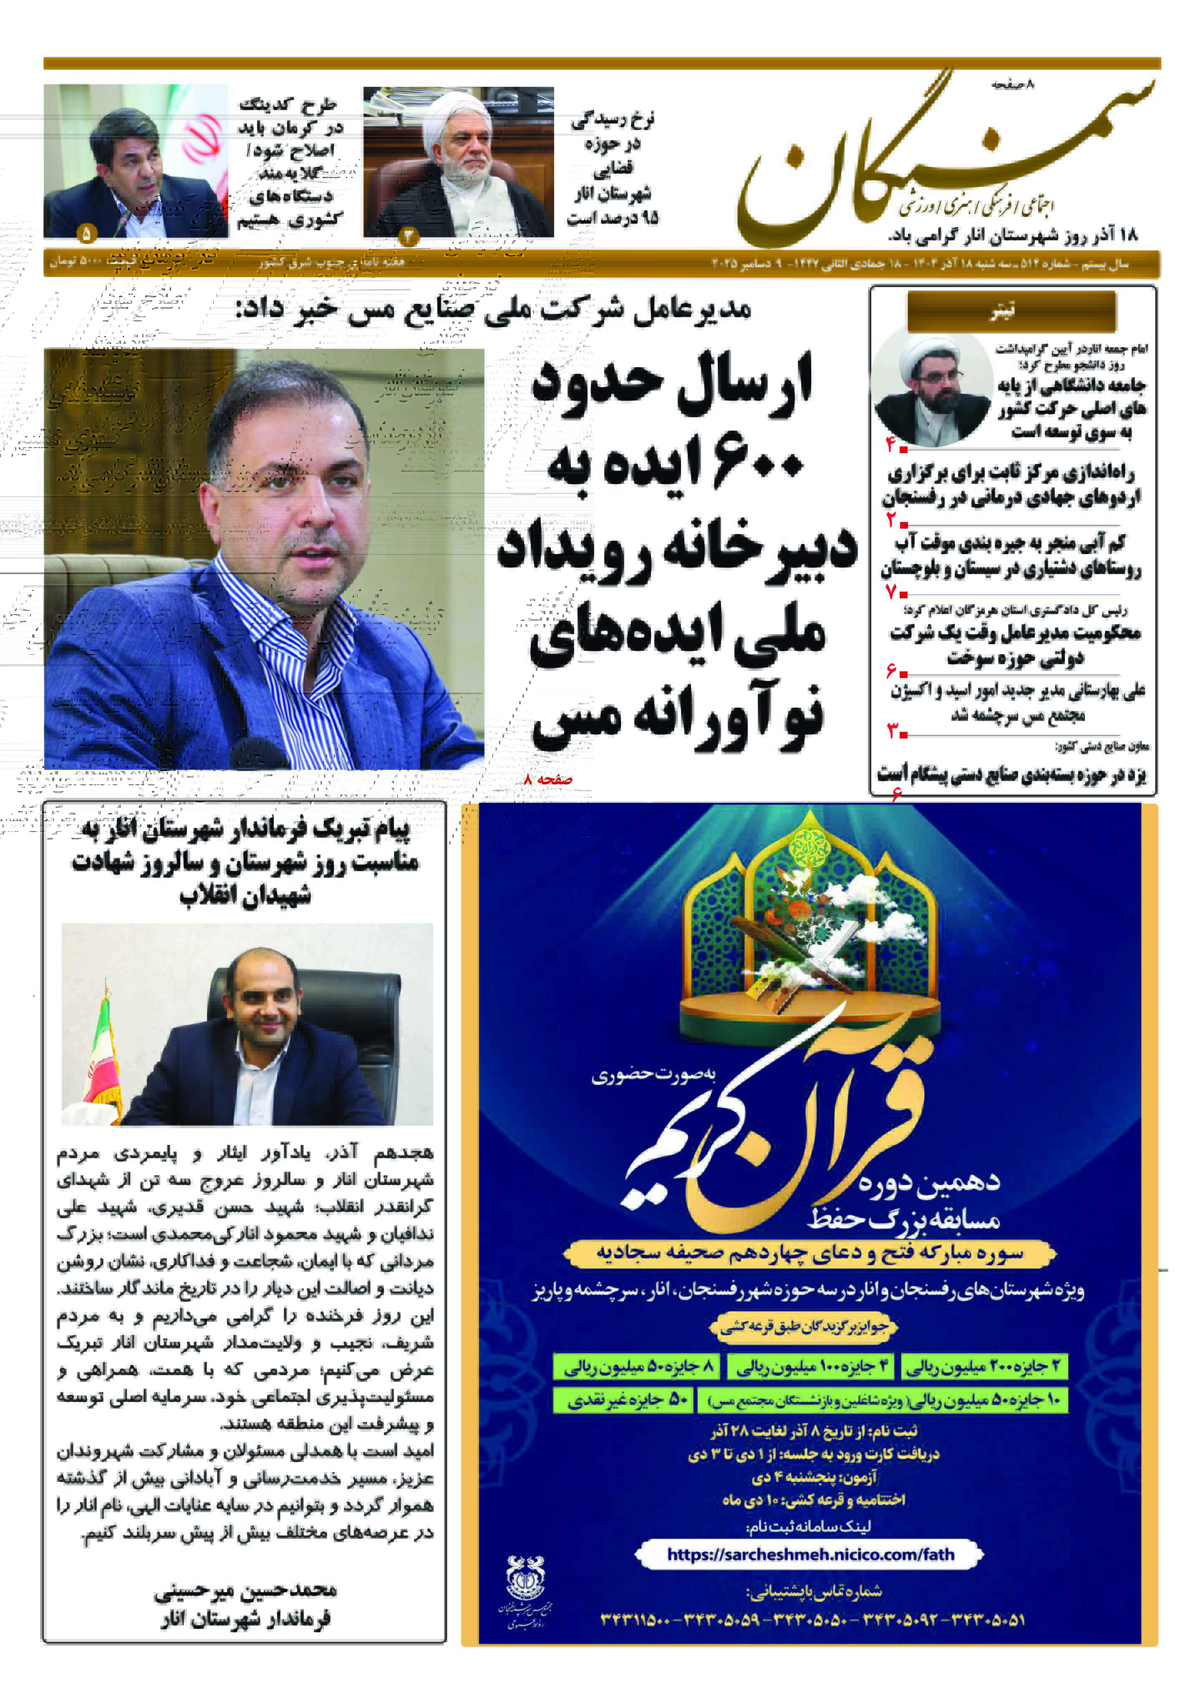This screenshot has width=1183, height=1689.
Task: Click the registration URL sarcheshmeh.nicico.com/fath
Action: click(x=809, y=1554)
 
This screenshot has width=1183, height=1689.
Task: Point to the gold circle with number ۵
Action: click(x=86, y=234)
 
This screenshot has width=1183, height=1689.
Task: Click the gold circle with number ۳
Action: click(x=408, y=235)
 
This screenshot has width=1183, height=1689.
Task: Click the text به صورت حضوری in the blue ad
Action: click(x=653, y=1074)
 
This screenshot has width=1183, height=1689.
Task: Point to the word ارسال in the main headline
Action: click(x=743, y=383)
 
